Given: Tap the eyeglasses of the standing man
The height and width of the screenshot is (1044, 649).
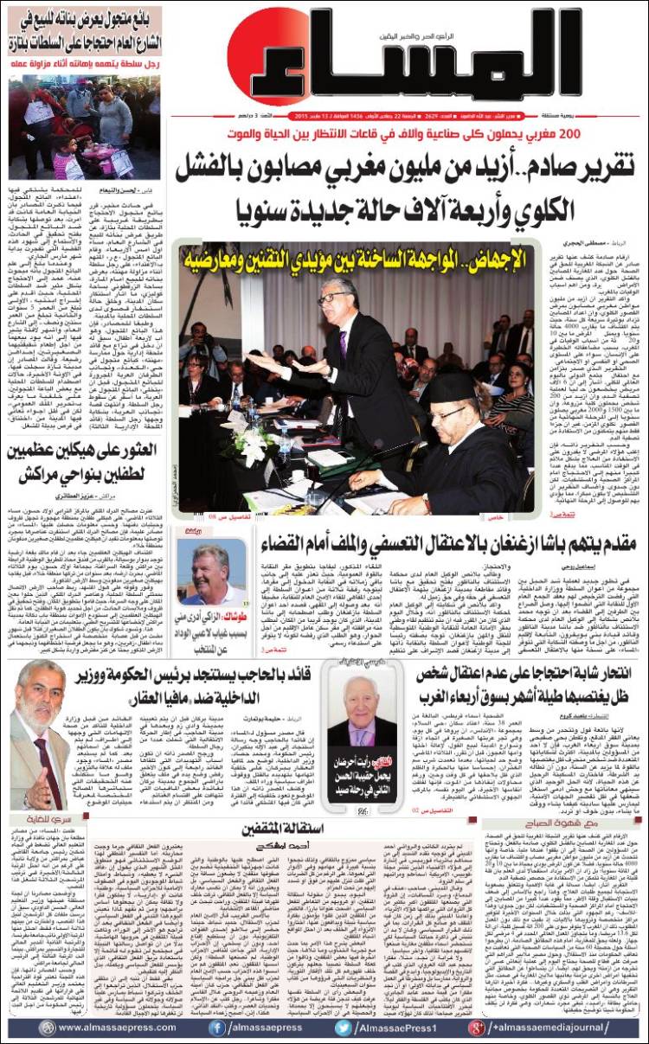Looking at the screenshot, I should click(x=334, y=298).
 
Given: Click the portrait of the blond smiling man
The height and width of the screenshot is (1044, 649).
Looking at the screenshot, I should click(x=211, y=576).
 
